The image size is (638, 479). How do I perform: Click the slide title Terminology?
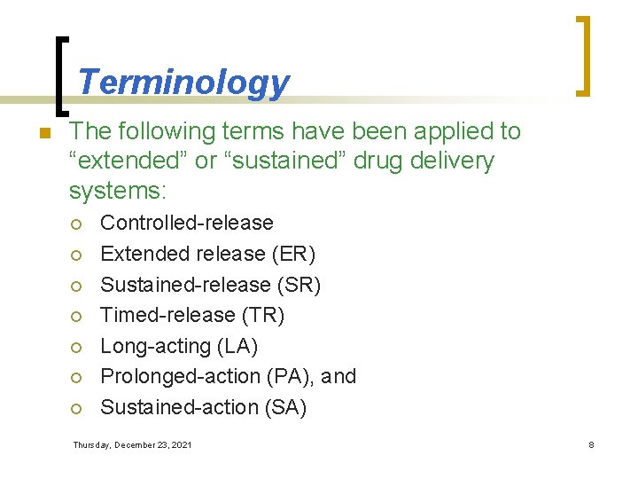pyautogui.click(x=183, y=82)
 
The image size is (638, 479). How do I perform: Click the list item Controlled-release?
pyautogui.click(x=187, y=223)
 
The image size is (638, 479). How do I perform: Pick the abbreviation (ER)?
pyautogui.click(x=292, y=254)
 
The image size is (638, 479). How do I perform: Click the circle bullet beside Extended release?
pyautogui.click(x=77, y=255)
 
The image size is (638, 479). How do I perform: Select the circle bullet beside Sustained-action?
pyautogui.click(x=77, y=408)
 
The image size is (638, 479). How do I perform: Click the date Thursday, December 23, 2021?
pyautogui.click(x=132, y=444)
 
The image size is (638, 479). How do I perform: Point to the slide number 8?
pyautogui.click(x=591, y=444)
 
